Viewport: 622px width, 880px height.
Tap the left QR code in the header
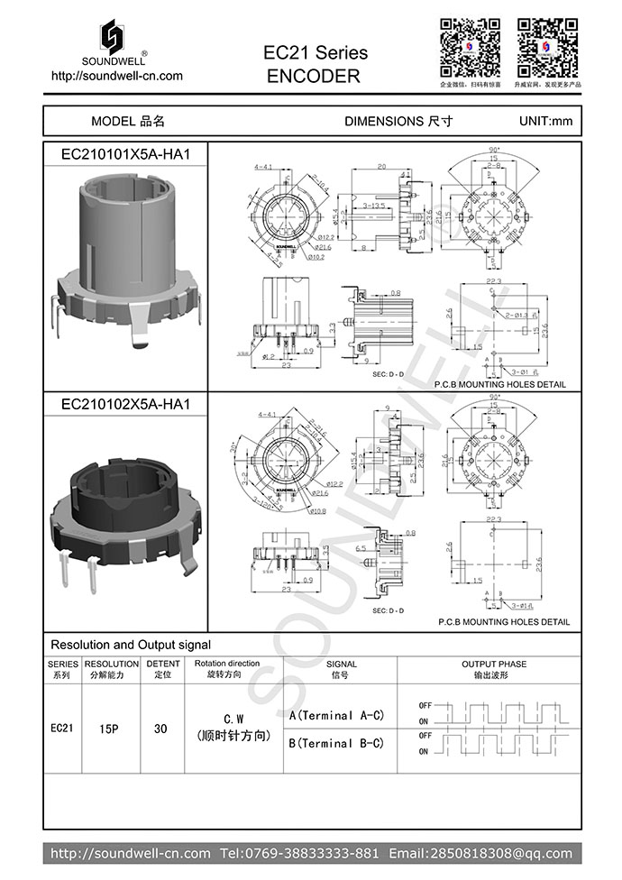(x=470, y=47)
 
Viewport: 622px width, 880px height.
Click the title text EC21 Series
(x=316, y=53)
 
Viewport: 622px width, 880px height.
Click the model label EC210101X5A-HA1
(x=125, y=154)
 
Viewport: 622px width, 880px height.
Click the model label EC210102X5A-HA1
(x=125, y=405)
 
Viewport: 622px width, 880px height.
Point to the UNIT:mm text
(x=545, y=121)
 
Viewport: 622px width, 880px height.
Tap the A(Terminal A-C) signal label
(x=336, y=715)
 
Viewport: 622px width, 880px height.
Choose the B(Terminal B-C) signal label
(x=336, y=743)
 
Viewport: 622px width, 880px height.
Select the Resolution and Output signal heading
(x=131, y=645)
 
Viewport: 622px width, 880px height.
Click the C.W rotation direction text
(x=233, y=719)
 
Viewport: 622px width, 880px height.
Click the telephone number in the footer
(x=299, y=853)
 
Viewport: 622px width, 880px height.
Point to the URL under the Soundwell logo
(x=118, y=76)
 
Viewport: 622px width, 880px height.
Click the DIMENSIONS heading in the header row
(x=398, y=121)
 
